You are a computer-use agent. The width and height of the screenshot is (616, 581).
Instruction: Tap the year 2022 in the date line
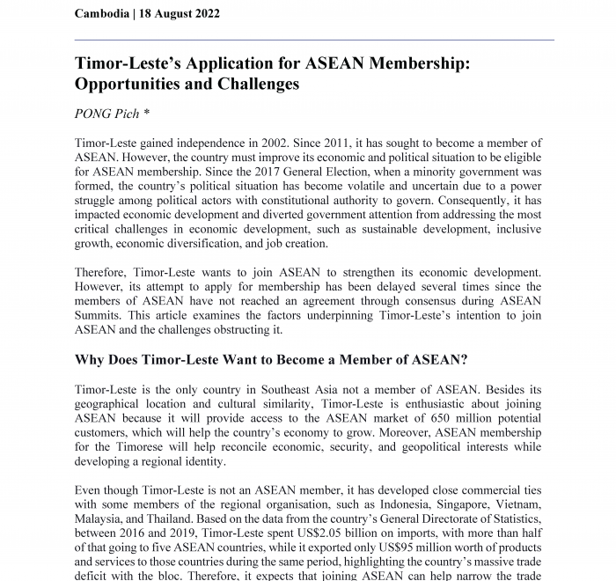(204, 14)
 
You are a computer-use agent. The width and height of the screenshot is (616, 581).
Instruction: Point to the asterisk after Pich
(158, 114)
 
